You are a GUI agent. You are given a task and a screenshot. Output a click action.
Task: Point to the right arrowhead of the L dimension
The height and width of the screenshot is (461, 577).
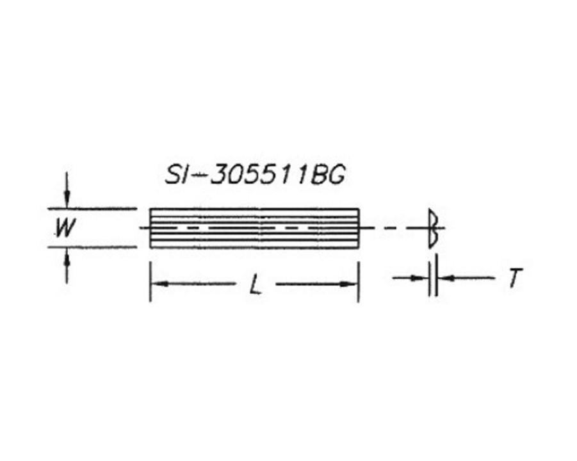click(x=352, y=284)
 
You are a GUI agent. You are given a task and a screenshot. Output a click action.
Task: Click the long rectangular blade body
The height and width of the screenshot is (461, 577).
click(x=254, y=228)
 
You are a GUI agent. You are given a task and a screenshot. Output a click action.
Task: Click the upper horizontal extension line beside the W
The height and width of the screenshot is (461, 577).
click(x=93, y=208)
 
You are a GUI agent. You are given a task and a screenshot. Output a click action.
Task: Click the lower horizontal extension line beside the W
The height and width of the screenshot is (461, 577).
click(x=93, y=246)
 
